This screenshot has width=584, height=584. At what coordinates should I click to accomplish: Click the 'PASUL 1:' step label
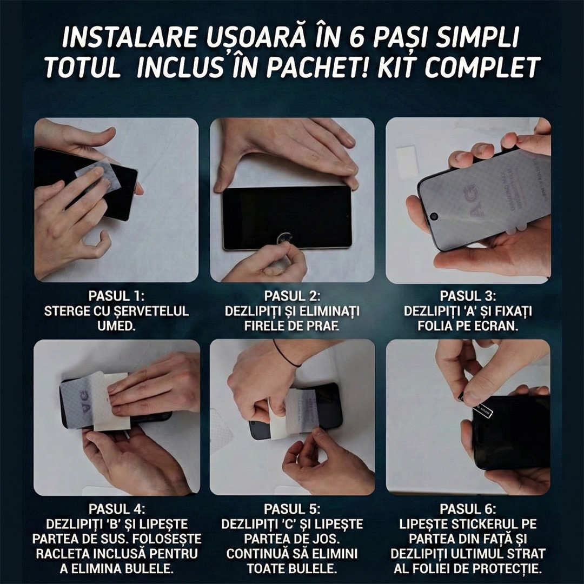click(117, 296)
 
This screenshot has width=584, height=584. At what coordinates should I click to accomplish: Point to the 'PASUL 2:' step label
click(292, 296)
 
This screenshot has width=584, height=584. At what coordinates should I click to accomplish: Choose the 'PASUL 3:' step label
click(468, 296)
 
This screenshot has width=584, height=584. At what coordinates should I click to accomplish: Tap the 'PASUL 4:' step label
click(117, 509)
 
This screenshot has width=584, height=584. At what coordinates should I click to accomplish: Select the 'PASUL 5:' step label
click(292, 509)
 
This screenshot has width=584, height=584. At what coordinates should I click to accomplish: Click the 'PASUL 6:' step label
click(468, 509)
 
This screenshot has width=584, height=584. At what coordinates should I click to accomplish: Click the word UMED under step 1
click(117, 326)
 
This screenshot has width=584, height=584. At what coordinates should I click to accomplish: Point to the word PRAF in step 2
click(323, 326)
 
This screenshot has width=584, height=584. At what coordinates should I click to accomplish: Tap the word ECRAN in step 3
click(499, 326)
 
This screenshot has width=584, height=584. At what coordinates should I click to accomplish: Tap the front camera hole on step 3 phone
click(434, 216)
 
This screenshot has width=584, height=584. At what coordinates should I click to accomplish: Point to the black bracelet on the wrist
click(286, 355)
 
